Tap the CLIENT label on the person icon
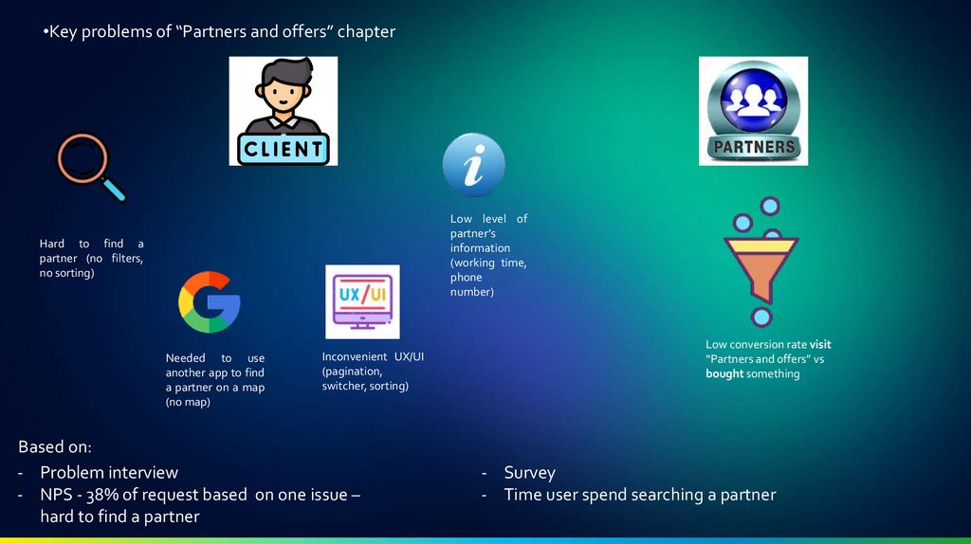[283, 149]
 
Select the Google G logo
[210, 302]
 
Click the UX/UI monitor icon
[362, 301]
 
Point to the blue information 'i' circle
[473, 164]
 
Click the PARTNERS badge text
[753, 147]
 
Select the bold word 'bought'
[724, 373]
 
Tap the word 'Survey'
[529, 472]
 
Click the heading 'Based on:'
[54, 447]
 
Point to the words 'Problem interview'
[108, 472]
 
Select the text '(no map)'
[188, 402]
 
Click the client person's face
[282, 92]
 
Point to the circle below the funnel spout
[760, 316]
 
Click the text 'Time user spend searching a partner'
[639, 495]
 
